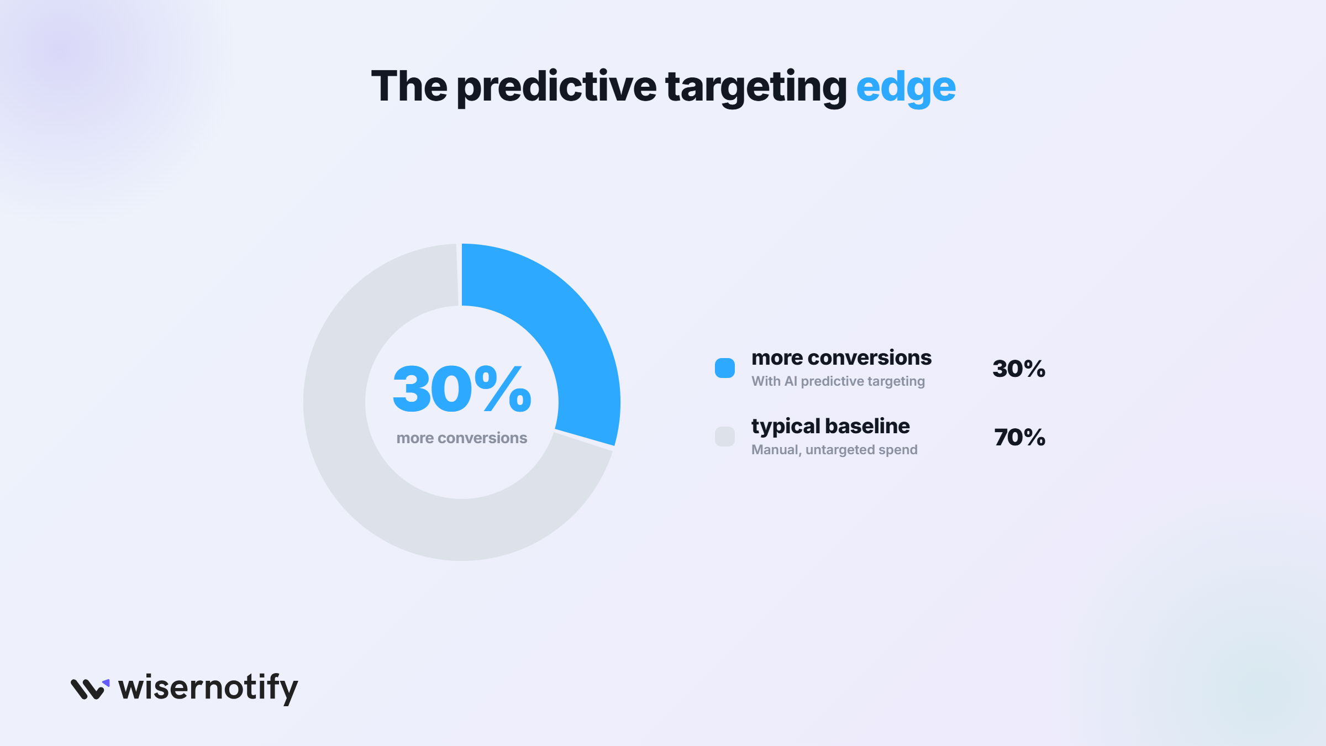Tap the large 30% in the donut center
[x=462, y=389]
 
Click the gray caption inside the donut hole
[x=462, y=438]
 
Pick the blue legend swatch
[x=725, y=368]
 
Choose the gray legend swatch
[x=725, y=437]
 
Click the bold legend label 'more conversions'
[x=841, y=358]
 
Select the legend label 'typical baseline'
[x=830, y=427]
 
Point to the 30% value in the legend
[x=1019, y=369]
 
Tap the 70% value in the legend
[x=1019, y=437]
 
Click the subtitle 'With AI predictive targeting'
[x=838, y=381]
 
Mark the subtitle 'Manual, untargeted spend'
[x=834, y=450]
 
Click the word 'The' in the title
[x=409, y=86]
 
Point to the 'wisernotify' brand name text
[x=208, y=689]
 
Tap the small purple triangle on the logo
[x=106, y=683]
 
